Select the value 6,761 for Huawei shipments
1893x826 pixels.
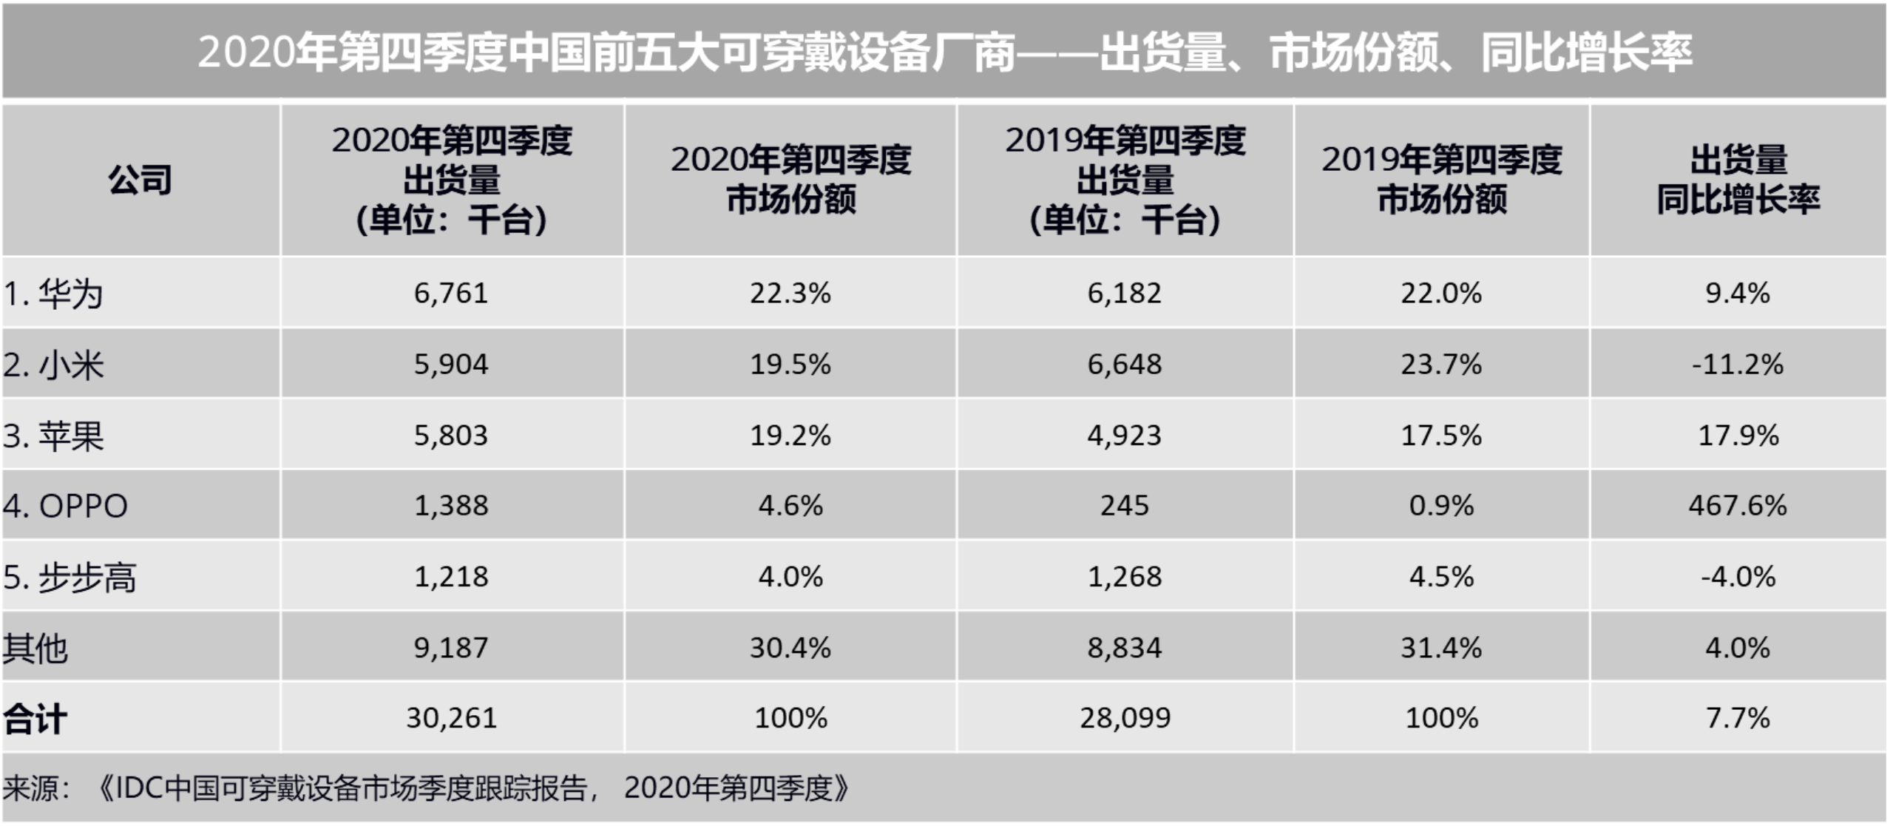[x=451, y=294]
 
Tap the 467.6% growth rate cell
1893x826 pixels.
[x=1737, y=506]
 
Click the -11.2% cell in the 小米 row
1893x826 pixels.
[x=1737, y=365]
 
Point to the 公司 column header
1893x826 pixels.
[x=140, y=180]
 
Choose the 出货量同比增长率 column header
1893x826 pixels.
[x=1737, y=180]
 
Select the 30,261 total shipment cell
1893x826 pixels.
[x=451, y=718]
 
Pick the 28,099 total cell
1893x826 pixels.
[x=1125, y=718]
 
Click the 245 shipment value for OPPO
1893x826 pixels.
[x=1125, y=506]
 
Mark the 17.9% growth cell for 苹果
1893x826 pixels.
[x=1737, y=436]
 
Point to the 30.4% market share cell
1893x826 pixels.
[x=790, y=648]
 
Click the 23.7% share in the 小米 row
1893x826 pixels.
[x=1440, y=365]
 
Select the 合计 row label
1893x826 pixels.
[x=35, y=719]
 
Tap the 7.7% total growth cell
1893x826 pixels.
[x=1737, y=718]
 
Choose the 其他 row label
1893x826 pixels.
[x=35, y=649]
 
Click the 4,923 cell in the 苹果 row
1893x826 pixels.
[x=1125, y=436]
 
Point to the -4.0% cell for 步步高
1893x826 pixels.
[x=1737, y=577]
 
